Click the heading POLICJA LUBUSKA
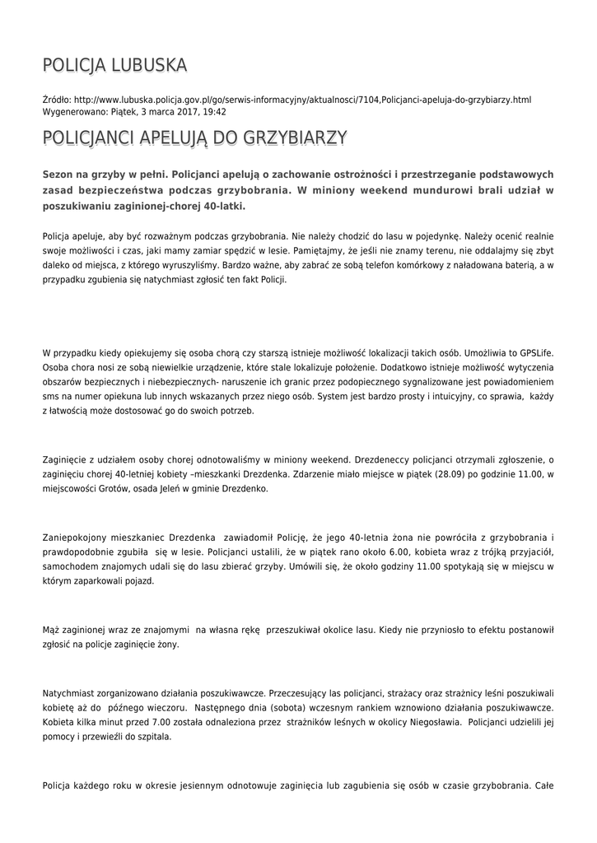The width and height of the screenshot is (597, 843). click(x=114, y=65)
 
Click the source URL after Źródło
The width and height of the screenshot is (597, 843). click(x=302, y=100)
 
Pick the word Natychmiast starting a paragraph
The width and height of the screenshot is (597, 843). click(x=71, y=692)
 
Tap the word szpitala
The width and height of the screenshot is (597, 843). click(x=155, y=737)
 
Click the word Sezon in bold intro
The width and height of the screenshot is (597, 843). click(x=59, y=175)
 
